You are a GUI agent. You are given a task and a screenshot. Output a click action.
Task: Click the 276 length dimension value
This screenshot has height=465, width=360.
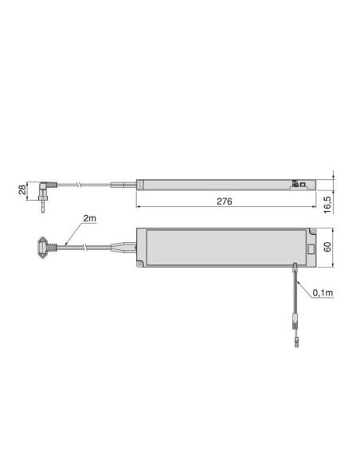point(224,201)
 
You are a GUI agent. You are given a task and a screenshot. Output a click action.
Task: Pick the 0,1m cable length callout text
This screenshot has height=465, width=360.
point(323,293)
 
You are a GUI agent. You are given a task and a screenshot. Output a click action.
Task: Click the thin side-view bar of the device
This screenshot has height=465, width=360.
point(215,182)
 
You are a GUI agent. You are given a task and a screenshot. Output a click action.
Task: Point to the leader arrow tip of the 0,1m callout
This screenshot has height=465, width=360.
point(297,279)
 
